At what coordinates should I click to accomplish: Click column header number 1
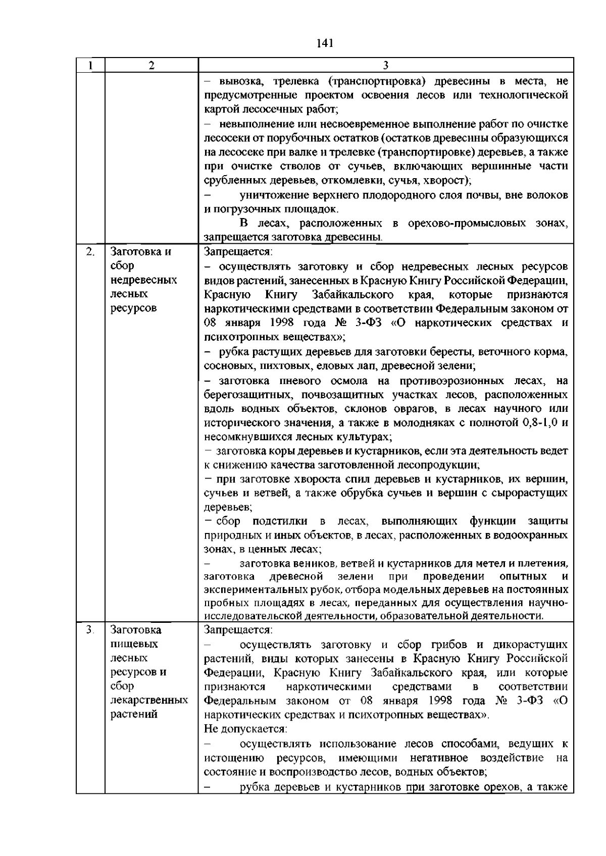point(90,65)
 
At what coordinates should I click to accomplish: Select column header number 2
point(151,65)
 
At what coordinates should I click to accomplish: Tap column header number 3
point(386,65)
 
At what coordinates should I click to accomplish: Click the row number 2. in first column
point(90,251)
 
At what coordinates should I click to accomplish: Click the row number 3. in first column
point(90,629)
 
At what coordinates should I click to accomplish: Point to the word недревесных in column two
point(144,280)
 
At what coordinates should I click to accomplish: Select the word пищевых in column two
point(134,644)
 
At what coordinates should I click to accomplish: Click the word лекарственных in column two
point(149,700)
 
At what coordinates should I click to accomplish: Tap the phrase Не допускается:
point(245,729)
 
